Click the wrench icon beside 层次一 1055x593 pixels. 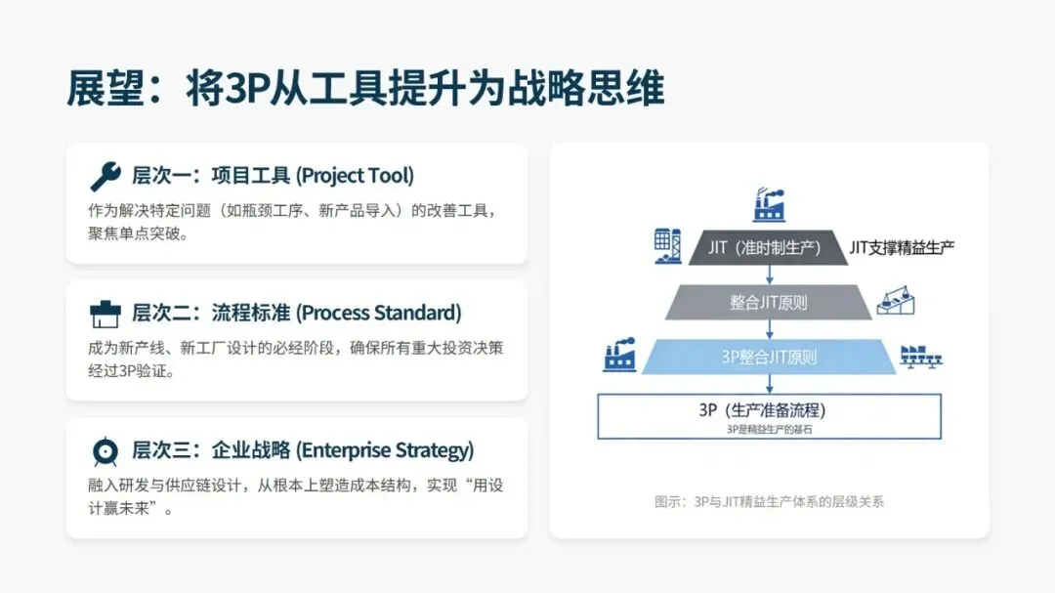click(105, 176)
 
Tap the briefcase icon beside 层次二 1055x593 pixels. click(105, 314)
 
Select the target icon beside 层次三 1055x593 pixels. click(105, 451)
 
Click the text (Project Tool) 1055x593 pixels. click(355, 176)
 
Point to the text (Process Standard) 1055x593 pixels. click(379, 314)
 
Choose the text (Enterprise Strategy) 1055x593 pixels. click(385, 451)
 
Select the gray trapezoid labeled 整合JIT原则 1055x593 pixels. click(769, 302)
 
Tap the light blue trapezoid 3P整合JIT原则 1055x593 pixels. click(769, 357)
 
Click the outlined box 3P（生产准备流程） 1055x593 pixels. click(769, 415)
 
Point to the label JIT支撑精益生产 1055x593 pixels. click(902, 247)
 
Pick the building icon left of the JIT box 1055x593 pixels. click(668, 246)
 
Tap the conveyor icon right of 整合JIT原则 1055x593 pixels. click(896, 301)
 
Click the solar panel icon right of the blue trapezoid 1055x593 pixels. click(920, 357)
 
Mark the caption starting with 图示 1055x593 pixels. click(769, 502)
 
